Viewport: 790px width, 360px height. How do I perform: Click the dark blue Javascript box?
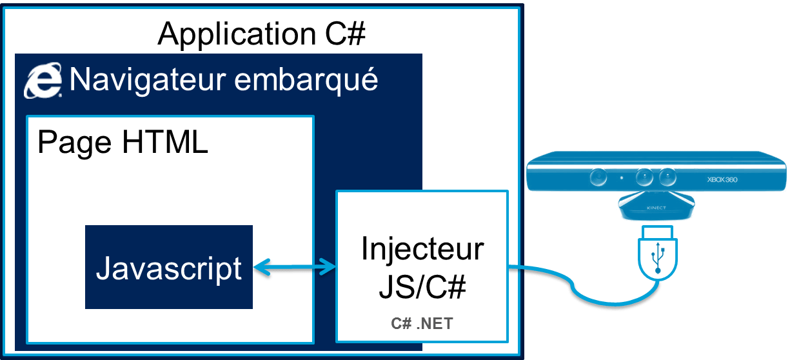click(168, 267)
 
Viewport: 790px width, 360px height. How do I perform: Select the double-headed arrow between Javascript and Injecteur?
click(294, 266)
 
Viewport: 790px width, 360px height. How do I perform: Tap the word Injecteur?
click(422, 249)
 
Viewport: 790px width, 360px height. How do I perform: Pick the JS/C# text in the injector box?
click(422, 288)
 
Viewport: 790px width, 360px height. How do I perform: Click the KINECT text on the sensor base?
click(657, 208)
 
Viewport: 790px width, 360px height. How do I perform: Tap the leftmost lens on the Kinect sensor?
click(598, 177)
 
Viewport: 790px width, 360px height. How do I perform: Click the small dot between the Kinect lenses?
click(621, 177)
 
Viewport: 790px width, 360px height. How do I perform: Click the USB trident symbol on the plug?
click(657, 259)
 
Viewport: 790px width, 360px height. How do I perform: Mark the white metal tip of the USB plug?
click(657, 232)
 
